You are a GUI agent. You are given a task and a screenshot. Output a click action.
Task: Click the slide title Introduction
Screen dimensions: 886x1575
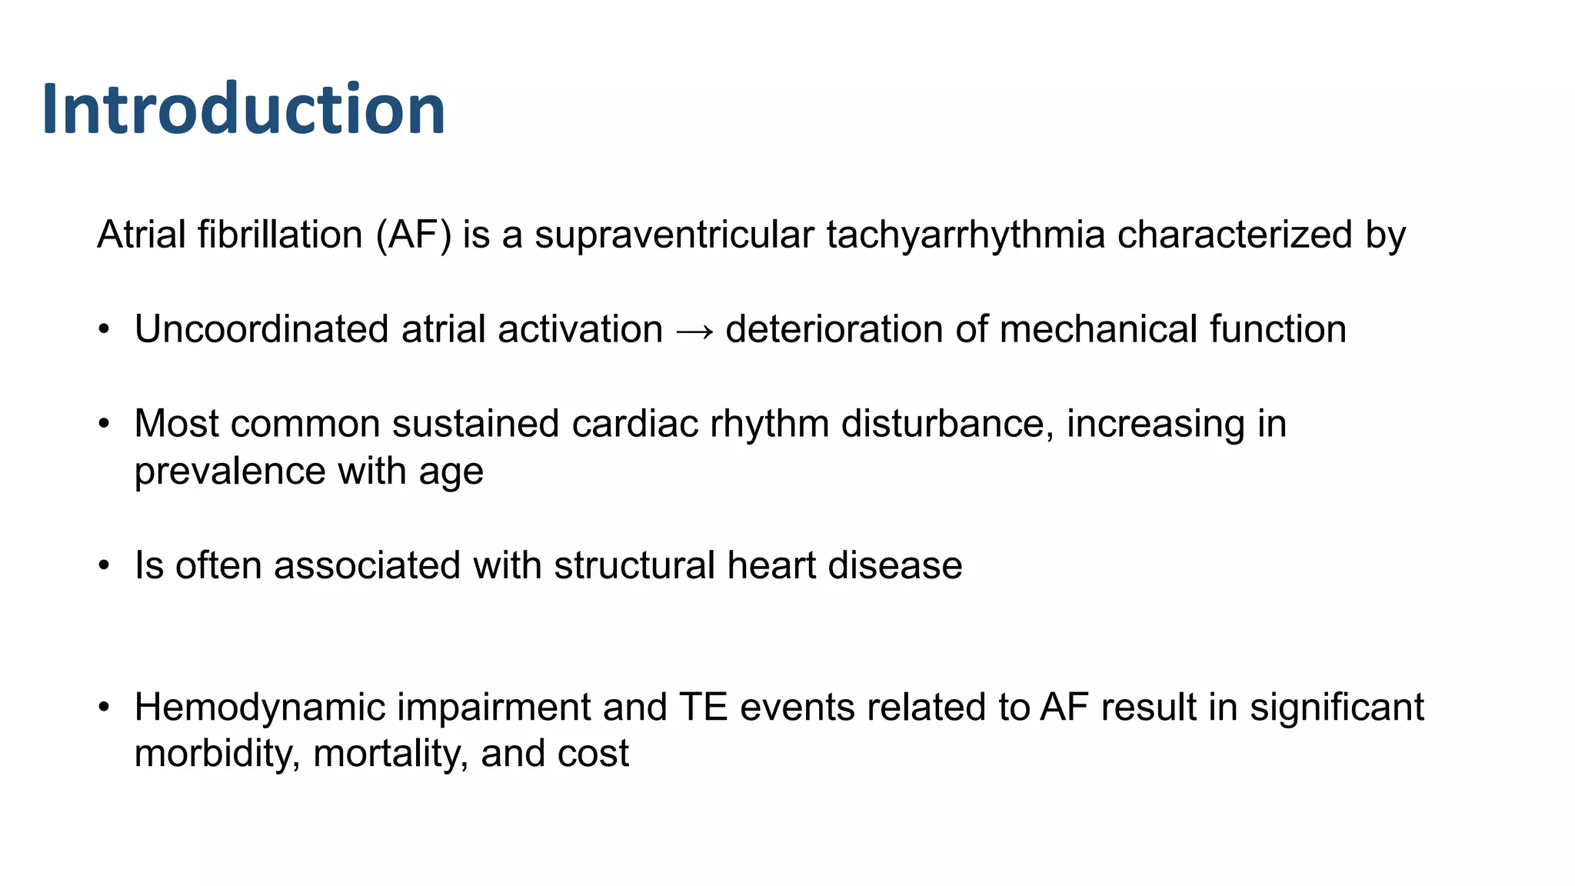(x=244, y=109)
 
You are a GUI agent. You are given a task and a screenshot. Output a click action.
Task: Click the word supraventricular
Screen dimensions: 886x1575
(x=674, y=235)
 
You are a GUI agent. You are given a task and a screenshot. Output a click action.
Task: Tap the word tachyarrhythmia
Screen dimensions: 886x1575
(x=965, y=235)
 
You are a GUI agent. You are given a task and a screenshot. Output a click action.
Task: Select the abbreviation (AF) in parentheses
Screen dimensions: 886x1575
(x=414, y=235)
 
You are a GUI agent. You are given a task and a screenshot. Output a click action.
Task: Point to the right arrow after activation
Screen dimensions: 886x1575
(x=694, y=331)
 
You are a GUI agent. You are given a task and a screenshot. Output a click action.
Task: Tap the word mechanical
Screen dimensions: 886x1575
(x=1098, y=329)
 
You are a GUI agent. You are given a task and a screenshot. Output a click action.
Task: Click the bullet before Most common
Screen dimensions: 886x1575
(x=104, y=424)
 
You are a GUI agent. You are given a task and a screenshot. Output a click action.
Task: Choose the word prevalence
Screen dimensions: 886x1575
(x=230, y=471)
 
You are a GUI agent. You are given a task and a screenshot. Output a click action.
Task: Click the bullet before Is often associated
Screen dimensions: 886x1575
(x=104, y=566)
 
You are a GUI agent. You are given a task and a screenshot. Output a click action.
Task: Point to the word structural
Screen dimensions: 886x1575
(x=634, y=566)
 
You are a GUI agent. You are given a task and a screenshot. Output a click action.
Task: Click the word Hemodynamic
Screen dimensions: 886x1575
(x=259, y=708)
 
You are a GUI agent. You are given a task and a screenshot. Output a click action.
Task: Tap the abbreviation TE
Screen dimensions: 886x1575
(x=703, y=708)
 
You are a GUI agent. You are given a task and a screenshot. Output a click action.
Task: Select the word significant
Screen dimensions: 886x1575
(x=1337, y=708)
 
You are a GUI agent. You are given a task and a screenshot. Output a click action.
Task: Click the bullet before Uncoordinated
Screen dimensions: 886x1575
(x=104, y=330)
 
